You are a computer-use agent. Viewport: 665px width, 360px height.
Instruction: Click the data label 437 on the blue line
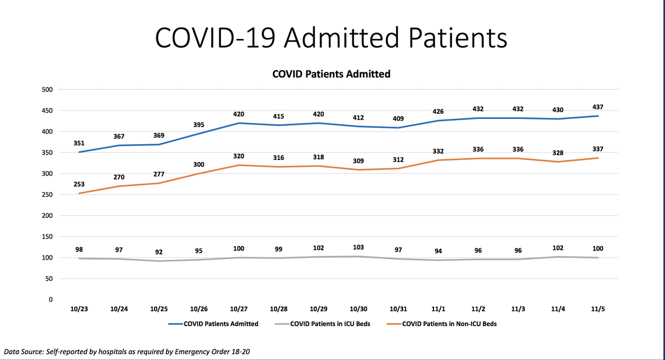pos(597,107)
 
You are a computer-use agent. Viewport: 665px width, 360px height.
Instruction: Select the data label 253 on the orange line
pos(79,184)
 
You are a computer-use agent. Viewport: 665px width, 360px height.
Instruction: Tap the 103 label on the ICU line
pos(358,247)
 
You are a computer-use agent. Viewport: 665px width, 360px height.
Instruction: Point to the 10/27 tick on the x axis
pos(239,308)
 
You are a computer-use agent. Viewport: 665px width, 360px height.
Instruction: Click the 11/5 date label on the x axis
pos(597,308)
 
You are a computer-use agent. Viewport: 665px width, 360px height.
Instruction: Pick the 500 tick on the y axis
pos(47,89)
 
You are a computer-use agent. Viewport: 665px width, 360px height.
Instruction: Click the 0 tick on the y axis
pos(50,299)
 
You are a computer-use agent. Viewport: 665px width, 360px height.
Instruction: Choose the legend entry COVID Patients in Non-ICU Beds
pos(449,323)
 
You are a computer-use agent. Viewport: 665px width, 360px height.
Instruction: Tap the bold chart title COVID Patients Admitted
pos(331,74)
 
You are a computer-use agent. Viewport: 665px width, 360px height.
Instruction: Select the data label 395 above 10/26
pos(199,124)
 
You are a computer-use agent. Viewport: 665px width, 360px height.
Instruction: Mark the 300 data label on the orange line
pos(199,165)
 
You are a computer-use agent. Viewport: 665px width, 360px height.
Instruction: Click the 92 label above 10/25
pos(159,252)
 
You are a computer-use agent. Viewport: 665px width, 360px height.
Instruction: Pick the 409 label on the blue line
pos(398,118)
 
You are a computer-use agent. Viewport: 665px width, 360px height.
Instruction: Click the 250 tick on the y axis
pos(47,194)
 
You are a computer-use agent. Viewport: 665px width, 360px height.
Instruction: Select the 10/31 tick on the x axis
pos(398,308)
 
